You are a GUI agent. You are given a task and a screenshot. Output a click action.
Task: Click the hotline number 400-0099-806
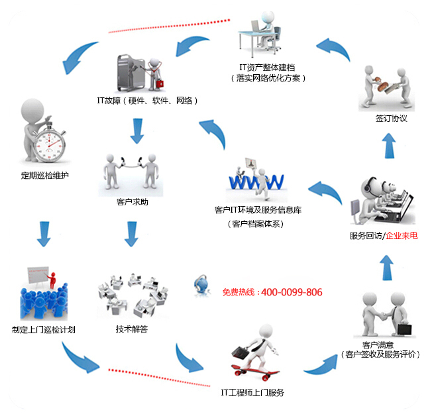pyautogui.click(x=292, y=292)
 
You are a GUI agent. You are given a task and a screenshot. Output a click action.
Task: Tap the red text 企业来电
pyautogui.click(x=402, y=236)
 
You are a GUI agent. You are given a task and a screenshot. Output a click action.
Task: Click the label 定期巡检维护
pyautogui.click(x=45, y=176)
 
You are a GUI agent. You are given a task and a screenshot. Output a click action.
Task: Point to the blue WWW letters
pyautogui.click(x=255, y=180)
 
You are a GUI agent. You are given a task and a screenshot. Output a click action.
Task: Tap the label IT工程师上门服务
pyautogui.click(x=252, y=393)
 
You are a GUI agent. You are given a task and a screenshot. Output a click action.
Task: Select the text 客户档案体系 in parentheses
pyautogui.click(x=255, y=224)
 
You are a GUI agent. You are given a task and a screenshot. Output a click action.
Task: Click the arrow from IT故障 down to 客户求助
pyautogui.click(x=137, y=131)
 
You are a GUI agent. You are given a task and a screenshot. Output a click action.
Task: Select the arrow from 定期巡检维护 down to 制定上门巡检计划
pyautogui.click(x=45, y=233)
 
